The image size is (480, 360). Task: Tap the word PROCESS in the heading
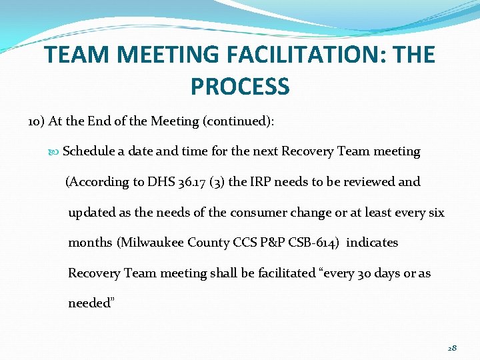240,86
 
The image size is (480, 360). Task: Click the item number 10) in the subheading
37,121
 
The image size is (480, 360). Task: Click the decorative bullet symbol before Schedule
54,151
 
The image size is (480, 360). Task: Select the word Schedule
89,151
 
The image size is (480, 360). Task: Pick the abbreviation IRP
263,181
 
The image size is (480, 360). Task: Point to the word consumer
257,212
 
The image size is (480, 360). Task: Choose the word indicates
372,243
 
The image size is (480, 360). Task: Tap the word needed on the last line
89,303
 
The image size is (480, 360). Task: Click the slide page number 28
452,347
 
